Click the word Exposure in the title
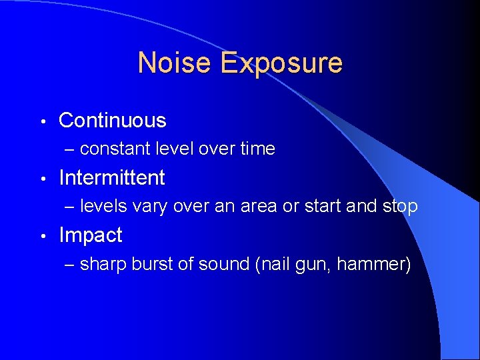[281, 63]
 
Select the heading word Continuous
[113, 121]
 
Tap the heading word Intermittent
[112, 178]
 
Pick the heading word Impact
[91, 235]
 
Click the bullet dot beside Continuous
[42, 121]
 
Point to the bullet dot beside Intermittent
[42, 179]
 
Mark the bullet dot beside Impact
[42, 236]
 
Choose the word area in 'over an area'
[257, 207]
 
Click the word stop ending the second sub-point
[400, 207]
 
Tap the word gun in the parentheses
[312, 265]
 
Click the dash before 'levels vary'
[71, 207]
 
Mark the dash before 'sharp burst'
[71, 265]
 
